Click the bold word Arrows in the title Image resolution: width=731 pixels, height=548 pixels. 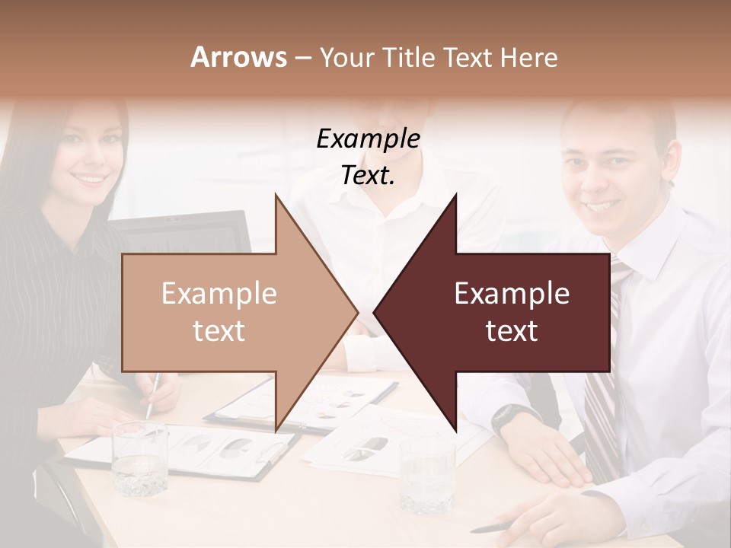coord(238,57)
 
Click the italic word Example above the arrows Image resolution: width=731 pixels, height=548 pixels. coord(368,139)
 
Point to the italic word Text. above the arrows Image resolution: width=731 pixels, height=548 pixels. coord(368,176)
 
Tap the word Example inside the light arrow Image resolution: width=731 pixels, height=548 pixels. coord(219,294)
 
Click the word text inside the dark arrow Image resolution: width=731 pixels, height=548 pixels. coord(512,331)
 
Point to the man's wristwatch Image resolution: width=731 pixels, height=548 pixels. coord(506,416)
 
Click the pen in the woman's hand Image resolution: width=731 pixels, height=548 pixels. coord(152,396)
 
